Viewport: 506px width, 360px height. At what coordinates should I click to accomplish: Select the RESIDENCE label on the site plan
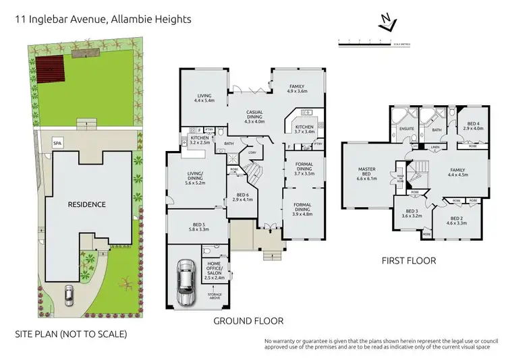pyautogui.click(x=86, y=204)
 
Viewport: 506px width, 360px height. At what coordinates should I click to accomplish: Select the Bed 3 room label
pyautogui.click(x=410, y=216)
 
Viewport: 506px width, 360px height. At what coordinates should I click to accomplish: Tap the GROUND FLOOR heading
pyautogui.click(x=248, y=321)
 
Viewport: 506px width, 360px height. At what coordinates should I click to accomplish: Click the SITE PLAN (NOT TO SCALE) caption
pyautogui.click(x=71, y=334)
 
